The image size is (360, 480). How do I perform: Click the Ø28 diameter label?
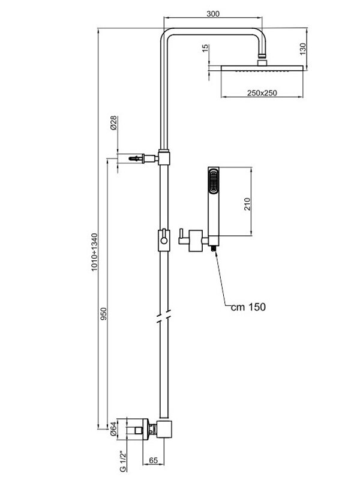pyautogui.click(x=113, y=125)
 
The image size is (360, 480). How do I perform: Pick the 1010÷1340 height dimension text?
pyautogui.click(x=94, y=252)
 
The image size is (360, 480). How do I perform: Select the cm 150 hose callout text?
pyautogui.click(x=248, y=307)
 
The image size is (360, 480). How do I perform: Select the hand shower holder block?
pyautogui.click(x=196, y=240)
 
